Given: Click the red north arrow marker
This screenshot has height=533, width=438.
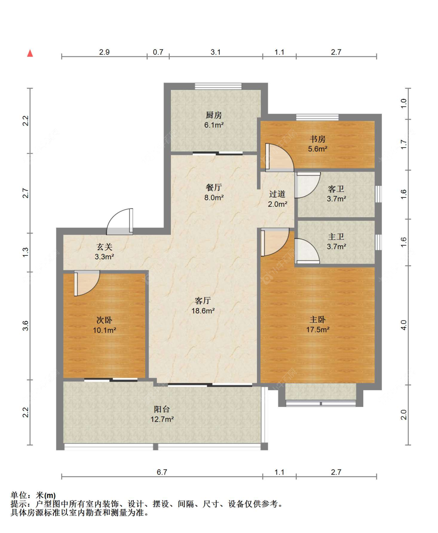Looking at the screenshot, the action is pyautogui.click(x=30, y=53).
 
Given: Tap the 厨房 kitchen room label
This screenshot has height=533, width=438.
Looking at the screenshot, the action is pyautogui.click(x=214, y=115).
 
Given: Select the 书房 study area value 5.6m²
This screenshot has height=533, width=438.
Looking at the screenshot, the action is pyautogui.click(x=318, y=149).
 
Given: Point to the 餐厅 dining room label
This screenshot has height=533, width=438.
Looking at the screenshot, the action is pyautogui.click(x=214, y=188).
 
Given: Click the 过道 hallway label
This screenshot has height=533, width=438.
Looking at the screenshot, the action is pyautogui.click(x=277, y=194).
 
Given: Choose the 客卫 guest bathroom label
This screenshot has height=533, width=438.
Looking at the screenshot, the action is pyautogui.click(x=336, y=189).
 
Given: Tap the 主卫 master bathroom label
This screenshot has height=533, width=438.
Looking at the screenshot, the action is pyautogui.click(x=336, y=237).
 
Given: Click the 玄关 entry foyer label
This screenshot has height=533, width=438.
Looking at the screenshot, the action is pyautogui.click(x=104, y=247).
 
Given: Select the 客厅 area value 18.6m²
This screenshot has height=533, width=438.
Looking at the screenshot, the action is pyautogui.click(x=203, y=311).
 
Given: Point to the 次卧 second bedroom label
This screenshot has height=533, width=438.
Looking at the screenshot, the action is pyautogui.click(x=104, y=320).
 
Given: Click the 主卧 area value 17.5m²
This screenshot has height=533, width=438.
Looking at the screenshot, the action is pyautogui.click(x=318, y=329).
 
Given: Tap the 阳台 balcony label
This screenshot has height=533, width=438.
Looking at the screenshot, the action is pyautogui.click(x=162, y=409).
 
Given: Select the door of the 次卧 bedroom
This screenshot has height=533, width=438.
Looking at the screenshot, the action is pyautogui.click(x=87, y=283).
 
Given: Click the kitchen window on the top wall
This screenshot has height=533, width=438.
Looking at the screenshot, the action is pyautogui.click(x=218, y=86).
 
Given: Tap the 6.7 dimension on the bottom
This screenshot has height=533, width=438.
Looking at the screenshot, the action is pyautogui.click(x=162, y=472).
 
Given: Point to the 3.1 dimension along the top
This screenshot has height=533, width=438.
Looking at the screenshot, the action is pyautogui.click(x=216, y=52).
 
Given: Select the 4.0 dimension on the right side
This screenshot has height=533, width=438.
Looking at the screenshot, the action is pyautogui.click(x=404, y=325).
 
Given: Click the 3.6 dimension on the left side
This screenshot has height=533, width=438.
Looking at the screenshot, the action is pyautogui.click(x=26, y=326).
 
